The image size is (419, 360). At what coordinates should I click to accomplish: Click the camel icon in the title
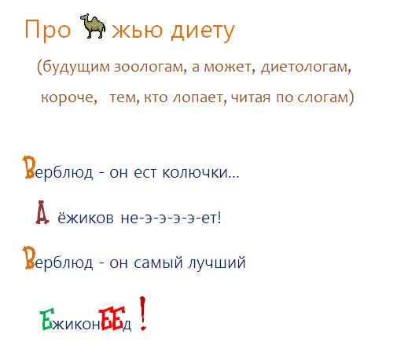pos(93,26)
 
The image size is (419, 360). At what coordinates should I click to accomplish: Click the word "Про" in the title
pos(48,29)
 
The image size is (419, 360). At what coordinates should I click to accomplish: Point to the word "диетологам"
pos(306,67)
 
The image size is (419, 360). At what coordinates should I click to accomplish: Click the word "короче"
pos(69,97)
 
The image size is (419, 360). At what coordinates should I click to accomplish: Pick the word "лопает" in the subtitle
pos(198,97)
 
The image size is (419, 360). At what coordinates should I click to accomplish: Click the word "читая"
pos(251,97)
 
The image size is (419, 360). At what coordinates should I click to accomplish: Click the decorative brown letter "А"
pos(42,212)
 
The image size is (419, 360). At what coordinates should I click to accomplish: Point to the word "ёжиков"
pos(86,217)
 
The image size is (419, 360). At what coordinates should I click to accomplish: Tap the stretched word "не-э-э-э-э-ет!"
pos(171,218)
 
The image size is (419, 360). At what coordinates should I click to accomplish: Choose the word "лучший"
pos(217,263)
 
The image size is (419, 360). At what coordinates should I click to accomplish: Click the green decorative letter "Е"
pos(47,319)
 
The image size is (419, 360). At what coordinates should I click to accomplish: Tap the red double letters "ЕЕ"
pos(112,318)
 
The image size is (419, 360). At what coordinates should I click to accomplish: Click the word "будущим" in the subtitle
pos(76,67)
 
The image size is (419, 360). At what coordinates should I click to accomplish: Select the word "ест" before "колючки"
pos(145,173)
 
